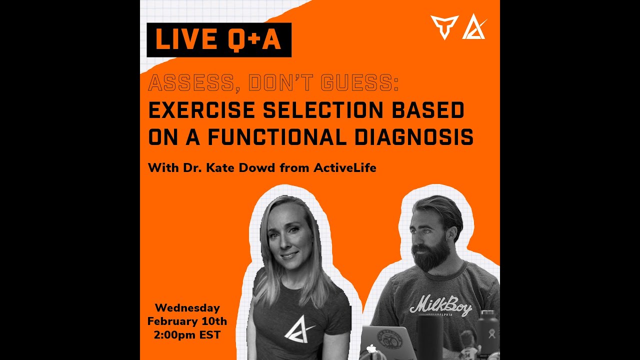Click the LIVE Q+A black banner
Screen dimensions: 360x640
(218, 40)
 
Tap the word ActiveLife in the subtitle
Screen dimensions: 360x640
(344, 168)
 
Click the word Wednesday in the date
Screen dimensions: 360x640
(187, 308)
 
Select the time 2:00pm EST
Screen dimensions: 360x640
(187, 335)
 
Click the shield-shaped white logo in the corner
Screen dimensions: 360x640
(444, 27)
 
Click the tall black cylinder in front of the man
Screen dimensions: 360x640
(430, 337)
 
